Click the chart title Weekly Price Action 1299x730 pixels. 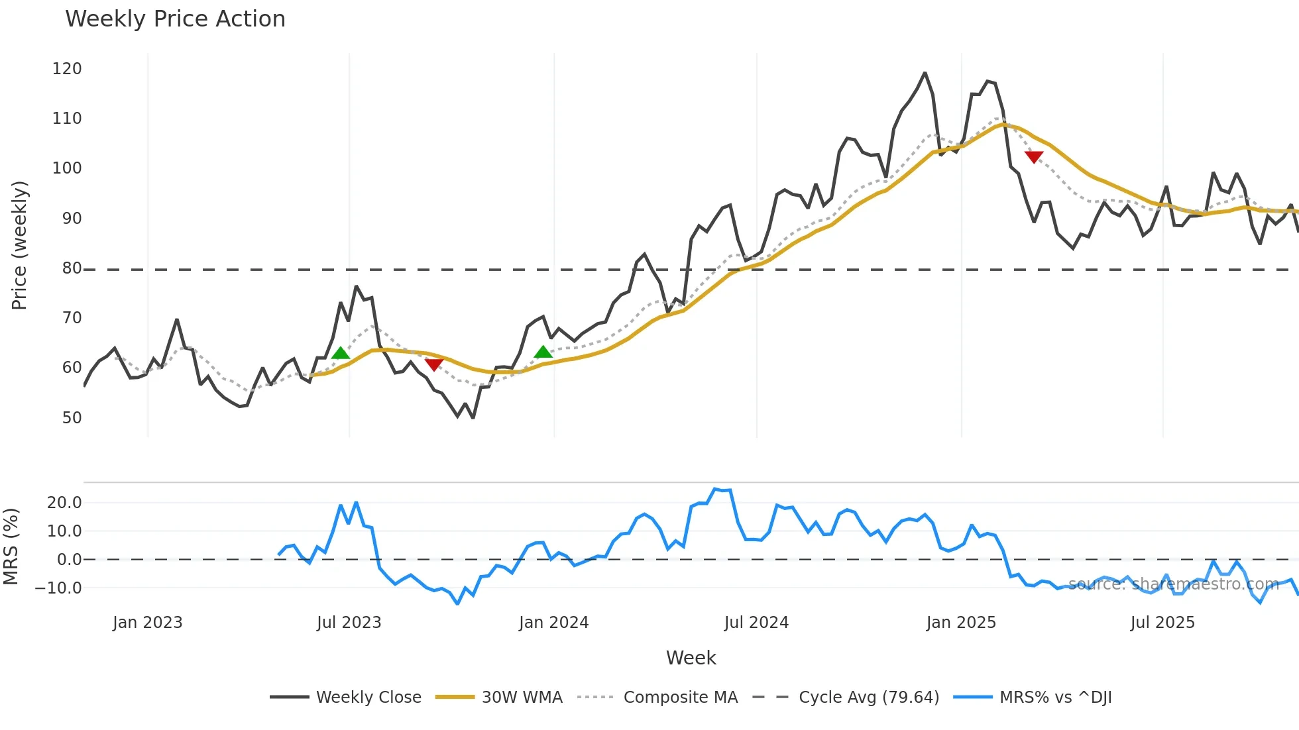pyautogui.click(x=175, y=19)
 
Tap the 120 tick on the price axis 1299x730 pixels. pyautogui.click(x=67, y=69)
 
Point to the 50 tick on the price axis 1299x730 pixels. pyautogui.click(x=72, y=418)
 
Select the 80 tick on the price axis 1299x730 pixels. pyautogui.click(x=72, y=268)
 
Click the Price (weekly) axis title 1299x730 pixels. pyautogui.click(x=19, y=245)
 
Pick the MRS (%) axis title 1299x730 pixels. pyautogui.click(x=11, y=547)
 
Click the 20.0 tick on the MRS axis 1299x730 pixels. pyautogui.click(x=64, y=503)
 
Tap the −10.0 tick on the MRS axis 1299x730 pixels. pyautogui.click(x=58, y=588)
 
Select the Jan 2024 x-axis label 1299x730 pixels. pyautogui.click(x=553, y=623)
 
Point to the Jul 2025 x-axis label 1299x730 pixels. pyautogui.click(x=1162, y=623)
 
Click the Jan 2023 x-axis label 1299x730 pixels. pyautogui.click(x=147, y=623)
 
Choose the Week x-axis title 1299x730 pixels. pyautogui.click(x=691, y=658)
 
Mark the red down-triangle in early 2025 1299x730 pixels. pyautogui.click(x=1034, y=157)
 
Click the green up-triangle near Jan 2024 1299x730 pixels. pyautogui.click(x=543, y=352)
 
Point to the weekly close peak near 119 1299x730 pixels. pyautogui.click(x=925, y=73)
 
